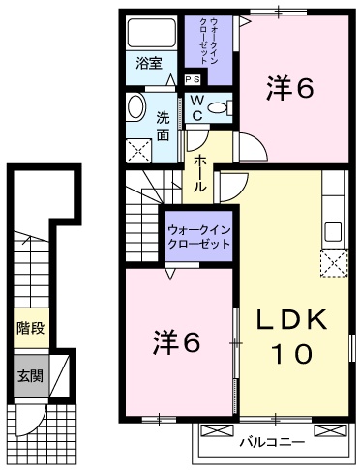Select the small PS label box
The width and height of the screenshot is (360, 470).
click(x=192, y=79)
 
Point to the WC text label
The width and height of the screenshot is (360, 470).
click(x=194, y=107)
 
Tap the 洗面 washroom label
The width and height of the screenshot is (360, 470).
click(x=165, y=126)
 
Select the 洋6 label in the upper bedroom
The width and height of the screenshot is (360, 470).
click(x=290, y=88)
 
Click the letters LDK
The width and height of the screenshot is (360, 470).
click(x=292, y=319)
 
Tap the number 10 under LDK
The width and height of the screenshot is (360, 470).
click(x=292, y=354)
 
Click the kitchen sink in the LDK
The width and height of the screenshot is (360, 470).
click(x=334, y=231)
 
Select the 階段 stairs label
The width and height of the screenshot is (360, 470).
click(x=29, y=329)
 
